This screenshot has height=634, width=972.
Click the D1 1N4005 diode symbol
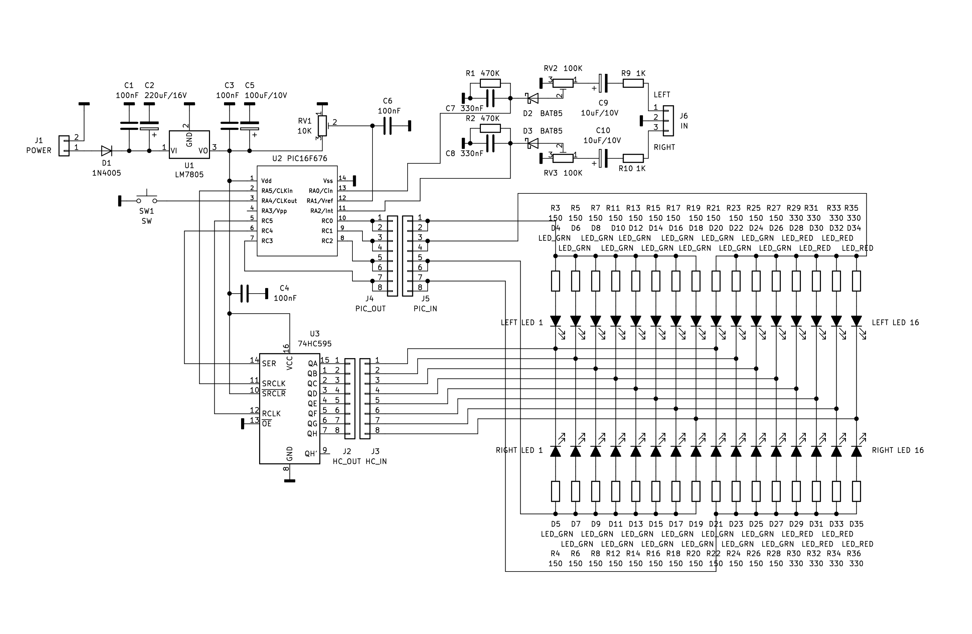(x=107, y=151)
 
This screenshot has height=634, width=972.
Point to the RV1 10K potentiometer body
(x=323, y=126)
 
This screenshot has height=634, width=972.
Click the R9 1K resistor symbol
(x=633, y=84)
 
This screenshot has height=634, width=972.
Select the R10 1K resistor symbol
(x=633, y=158)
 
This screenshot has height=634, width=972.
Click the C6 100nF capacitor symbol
(x=388, y=126)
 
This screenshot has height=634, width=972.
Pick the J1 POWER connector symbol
(x=64, y=146)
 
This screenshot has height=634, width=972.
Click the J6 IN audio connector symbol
(x=668, y=121)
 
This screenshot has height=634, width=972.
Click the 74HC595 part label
(x=315, y=344)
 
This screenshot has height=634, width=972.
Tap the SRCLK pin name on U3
(x=274, y=383)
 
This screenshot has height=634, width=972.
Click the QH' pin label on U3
(x=311, y=454)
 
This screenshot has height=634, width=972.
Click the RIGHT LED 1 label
(x=520, y=450)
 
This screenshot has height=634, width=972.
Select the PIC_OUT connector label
(x=370, y=309)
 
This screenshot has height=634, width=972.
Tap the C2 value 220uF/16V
(x=166, y=96)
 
